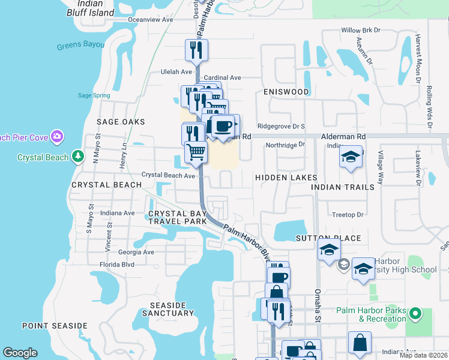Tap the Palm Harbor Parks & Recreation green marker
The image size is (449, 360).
(414, 313)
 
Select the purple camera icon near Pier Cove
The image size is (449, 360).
(57, 137)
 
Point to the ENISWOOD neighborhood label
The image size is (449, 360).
(286, 92)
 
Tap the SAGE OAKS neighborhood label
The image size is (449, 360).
(122, 122)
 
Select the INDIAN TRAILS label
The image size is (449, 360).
(343, 187)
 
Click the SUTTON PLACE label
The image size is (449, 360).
(328, 238)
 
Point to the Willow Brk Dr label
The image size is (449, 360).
(361, 30)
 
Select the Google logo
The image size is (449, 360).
(20, 353)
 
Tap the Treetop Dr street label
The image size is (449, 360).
(348, 215)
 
